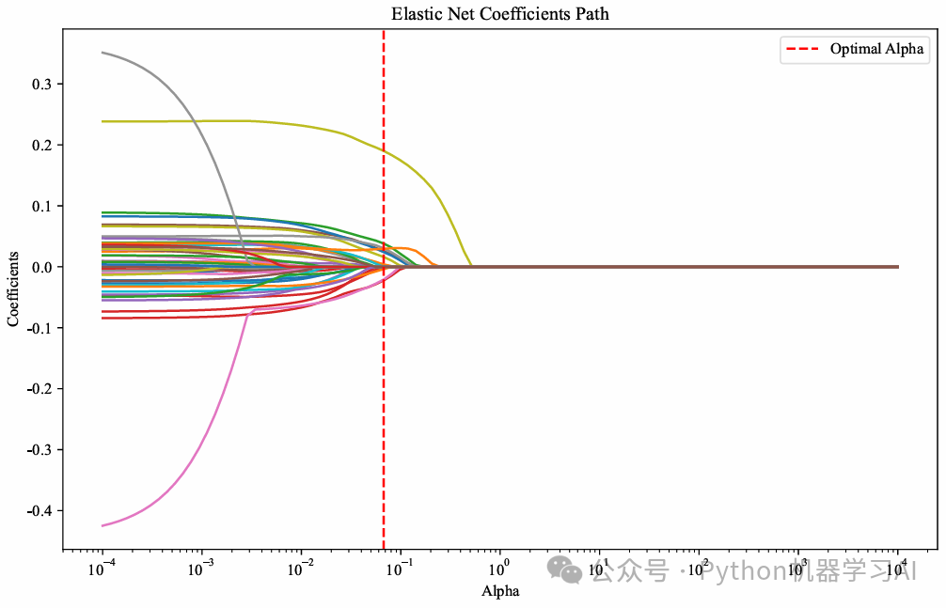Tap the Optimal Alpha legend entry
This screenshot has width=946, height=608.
coord(854,50)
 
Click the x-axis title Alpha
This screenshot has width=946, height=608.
coord(500,592)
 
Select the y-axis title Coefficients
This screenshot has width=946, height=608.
coord(13,288)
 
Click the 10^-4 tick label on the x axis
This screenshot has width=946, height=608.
coord(101,569)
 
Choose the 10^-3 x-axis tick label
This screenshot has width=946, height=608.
coord(200,569)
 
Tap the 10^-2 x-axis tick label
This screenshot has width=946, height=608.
coord(300,569)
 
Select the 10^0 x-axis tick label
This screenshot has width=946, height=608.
coord(499,569)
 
